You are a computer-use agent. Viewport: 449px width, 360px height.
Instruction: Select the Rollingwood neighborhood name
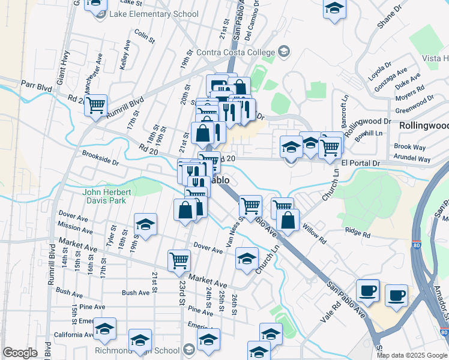click(x=424, y=125)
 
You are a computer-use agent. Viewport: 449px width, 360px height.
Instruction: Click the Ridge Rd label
click(x=358, y=230)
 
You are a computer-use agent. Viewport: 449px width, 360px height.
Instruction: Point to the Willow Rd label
click(x=314, y=233)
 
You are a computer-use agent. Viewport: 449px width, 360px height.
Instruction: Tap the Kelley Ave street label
click(x=125, y=54)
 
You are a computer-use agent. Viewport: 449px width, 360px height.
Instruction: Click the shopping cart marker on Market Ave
click(x=179, y=260)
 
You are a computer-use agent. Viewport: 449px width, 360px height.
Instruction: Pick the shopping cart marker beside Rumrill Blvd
click(x=95, y=106)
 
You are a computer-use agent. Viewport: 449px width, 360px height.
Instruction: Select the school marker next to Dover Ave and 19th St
click(x=145, y=224)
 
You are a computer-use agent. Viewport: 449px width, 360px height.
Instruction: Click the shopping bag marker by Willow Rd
click(x=289, y=220)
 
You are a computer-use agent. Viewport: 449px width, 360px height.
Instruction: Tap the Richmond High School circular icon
click(x=189, y=350)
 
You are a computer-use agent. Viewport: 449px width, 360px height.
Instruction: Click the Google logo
click(x=20, y=353)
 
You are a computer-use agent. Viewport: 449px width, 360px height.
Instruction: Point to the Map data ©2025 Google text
click(x=412, y=355)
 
